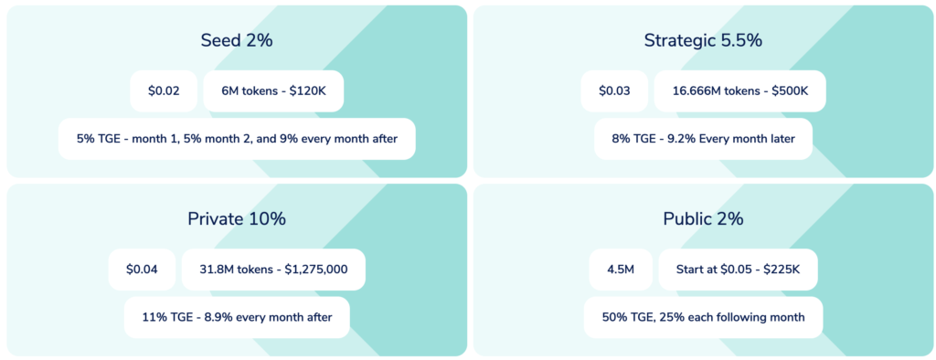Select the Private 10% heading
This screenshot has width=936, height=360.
point(237,218)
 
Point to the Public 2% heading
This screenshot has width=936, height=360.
point(703,218)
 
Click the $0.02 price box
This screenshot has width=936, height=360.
point(164,90)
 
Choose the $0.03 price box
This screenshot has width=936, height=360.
point(614,90)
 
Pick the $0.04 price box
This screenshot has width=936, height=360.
point(142,270)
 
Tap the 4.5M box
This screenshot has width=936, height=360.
point(621,270)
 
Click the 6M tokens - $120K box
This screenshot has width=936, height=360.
point(273,90)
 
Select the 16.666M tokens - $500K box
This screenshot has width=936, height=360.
point(740,90)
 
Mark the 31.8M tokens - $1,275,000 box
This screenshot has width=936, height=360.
point(273,270)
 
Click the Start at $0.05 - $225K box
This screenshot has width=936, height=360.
point(738,270)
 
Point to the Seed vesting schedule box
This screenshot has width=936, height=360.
point(237,139)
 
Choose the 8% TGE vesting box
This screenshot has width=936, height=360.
point(703,139)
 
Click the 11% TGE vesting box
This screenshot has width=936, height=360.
point(237,317)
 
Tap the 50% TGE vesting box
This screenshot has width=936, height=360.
point(703,317)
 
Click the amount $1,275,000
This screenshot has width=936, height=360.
point(316,270)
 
